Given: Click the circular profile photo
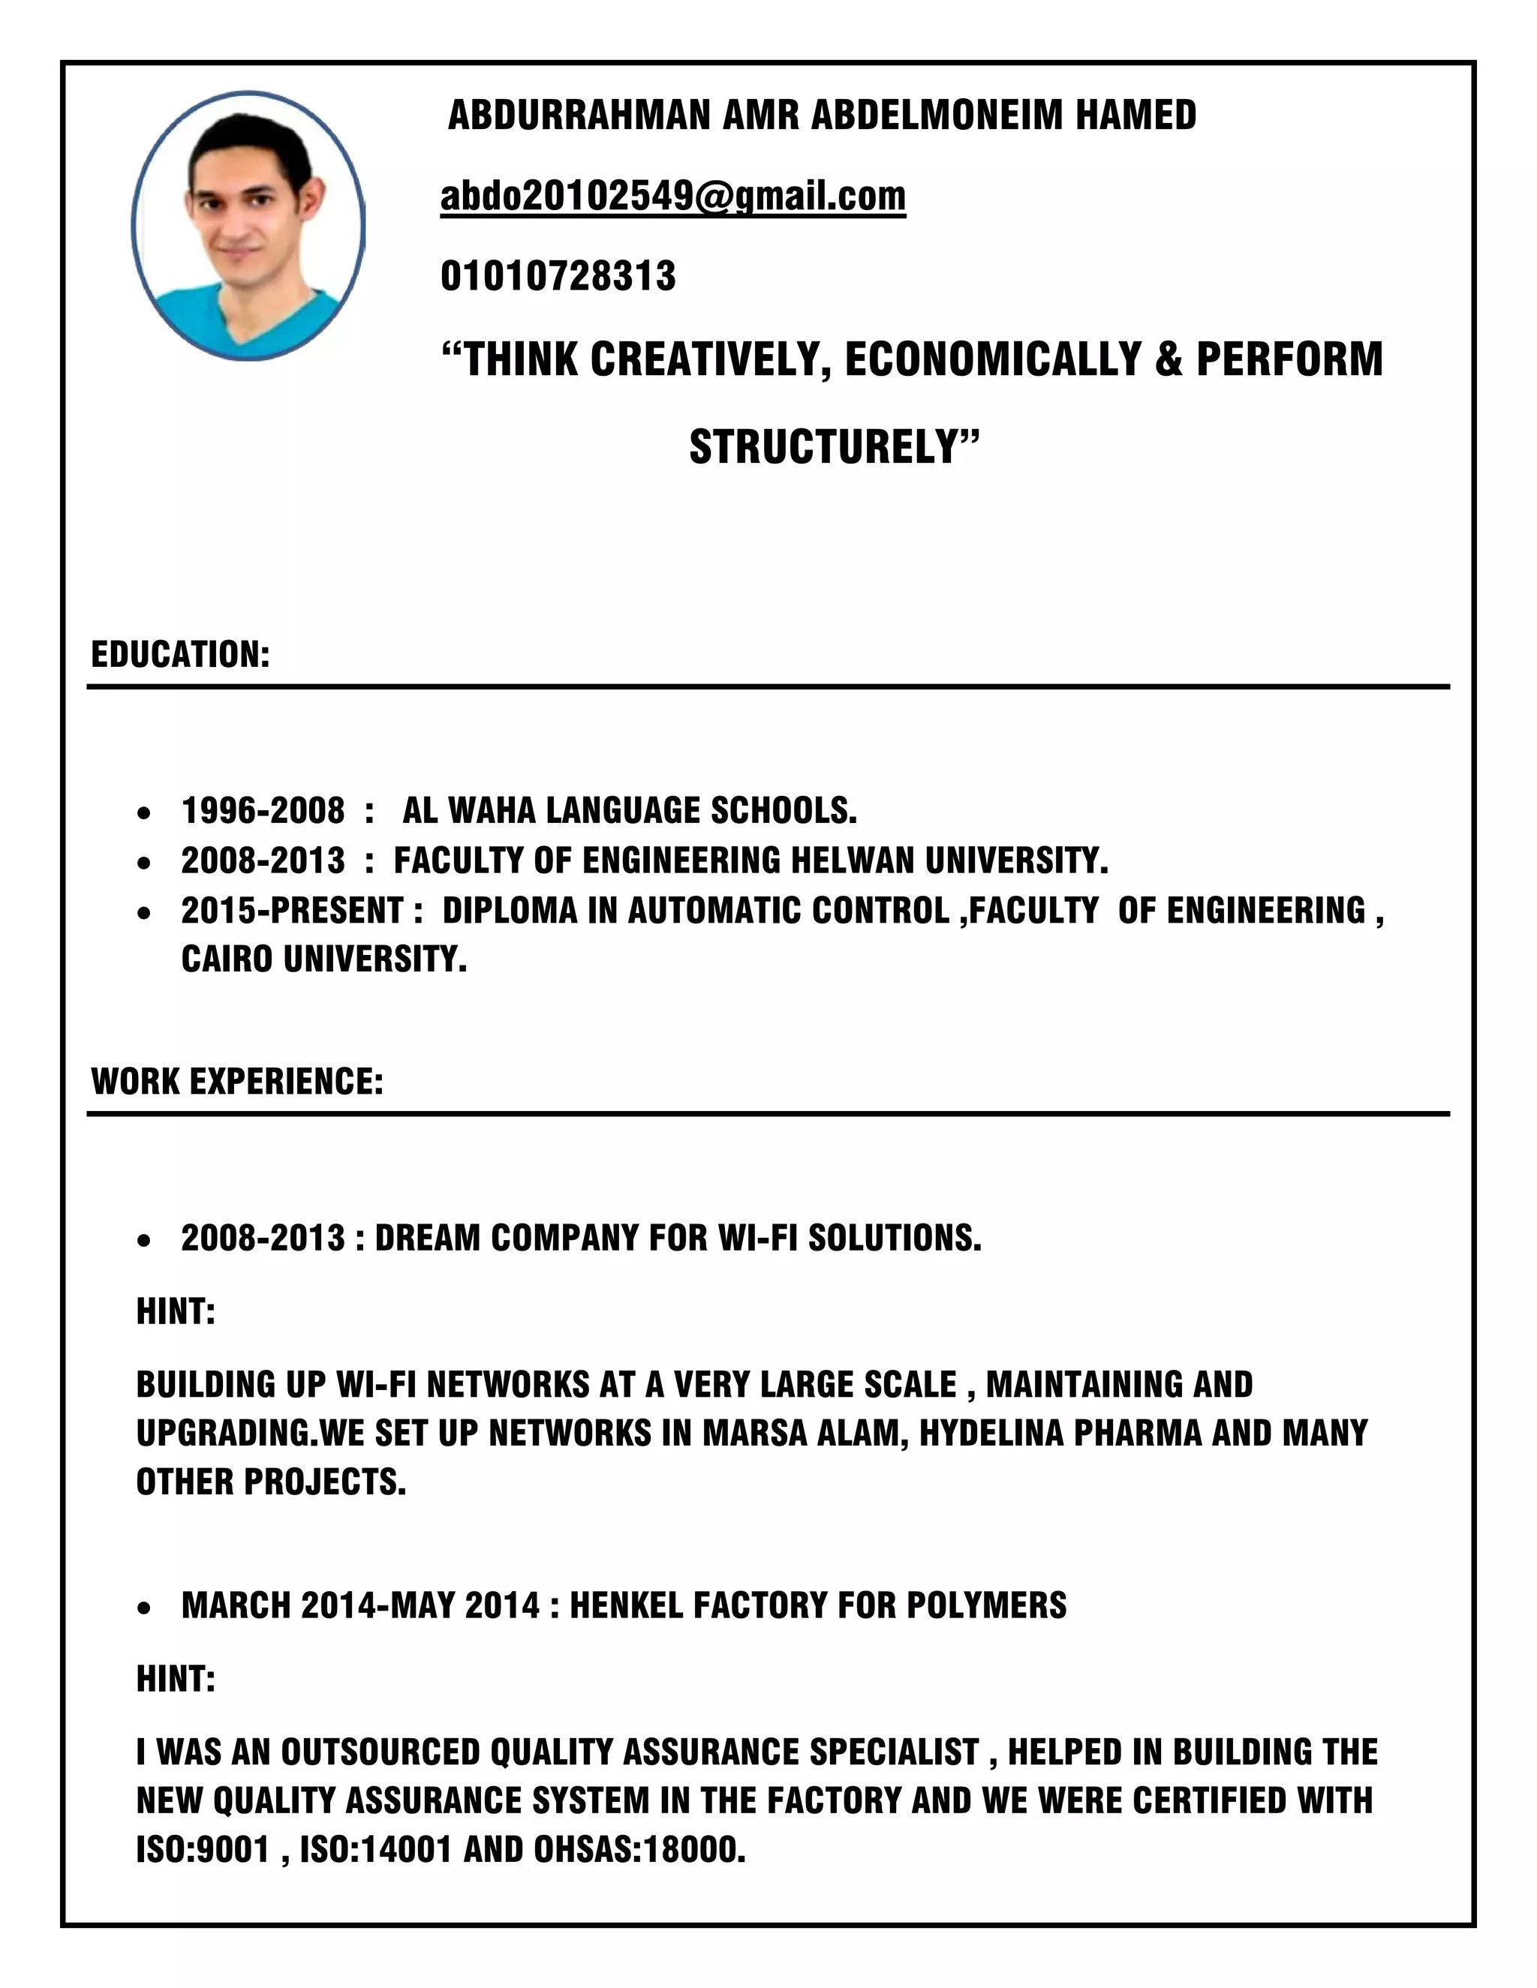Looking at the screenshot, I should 248,226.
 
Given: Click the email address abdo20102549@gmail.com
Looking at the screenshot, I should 673,196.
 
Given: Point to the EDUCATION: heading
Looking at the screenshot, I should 180,654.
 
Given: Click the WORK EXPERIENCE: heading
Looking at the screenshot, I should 236,1081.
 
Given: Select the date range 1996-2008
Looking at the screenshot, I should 263,810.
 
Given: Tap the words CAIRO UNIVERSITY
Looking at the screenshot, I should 323,959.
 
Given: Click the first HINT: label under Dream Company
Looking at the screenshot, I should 176,1311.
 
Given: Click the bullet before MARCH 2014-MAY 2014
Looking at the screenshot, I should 144,1608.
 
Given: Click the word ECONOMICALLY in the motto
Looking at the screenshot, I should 994,359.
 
